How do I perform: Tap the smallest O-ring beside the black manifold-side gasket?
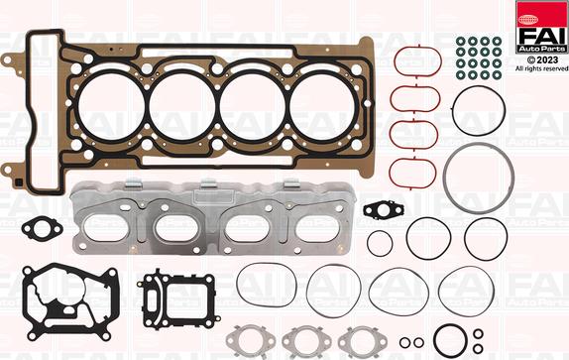(379, 242)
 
